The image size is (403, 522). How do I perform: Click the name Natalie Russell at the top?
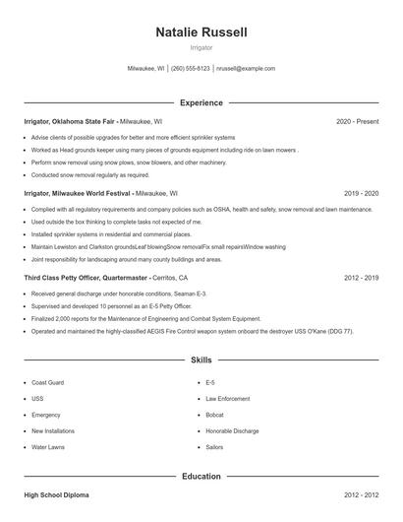tap(201, 33)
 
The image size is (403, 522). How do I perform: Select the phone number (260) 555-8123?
tap(191, 69)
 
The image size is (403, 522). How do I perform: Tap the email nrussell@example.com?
tap(246, 69)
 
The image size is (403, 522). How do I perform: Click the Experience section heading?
tap(201, 102)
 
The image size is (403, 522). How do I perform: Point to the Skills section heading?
tap(201, 361)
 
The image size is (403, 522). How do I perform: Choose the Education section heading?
tap(201, 477)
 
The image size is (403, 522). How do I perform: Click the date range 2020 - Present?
tap(357, 121)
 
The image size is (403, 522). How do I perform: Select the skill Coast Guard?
tap(48, 381)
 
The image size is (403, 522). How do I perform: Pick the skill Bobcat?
tap(215, 415)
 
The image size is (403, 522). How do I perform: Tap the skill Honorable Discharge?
tap(232, 430)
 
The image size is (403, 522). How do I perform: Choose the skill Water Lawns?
tap(48, 447)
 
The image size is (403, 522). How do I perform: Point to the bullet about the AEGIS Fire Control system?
tap(192, 332)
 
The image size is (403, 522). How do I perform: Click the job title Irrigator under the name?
tap(201, 47)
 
